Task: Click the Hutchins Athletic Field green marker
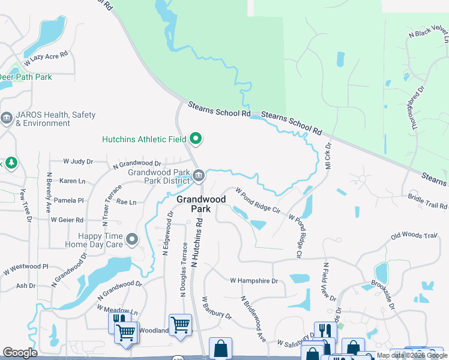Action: tap(196, 139)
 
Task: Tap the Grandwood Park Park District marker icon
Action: tap(199, 176)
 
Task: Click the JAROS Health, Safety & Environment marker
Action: tap(7, 119)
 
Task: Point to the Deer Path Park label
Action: tap(26, 77)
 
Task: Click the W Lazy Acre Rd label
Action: tap(46, 58)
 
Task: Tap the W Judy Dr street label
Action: tap(79, 161)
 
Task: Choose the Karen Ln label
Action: tap(72, 181)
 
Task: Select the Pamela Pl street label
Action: tap(67, 200)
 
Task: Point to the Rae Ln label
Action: tap(126, 202)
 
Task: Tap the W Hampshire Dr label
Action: tap(254, 280)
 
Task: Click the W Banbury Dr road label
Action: tap(217, 307)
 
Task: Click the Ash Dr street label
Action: tap(26, 286)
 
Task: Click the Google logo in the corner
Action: tap(20, 353)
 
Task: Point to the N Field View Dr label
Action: tap(328, 282)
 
